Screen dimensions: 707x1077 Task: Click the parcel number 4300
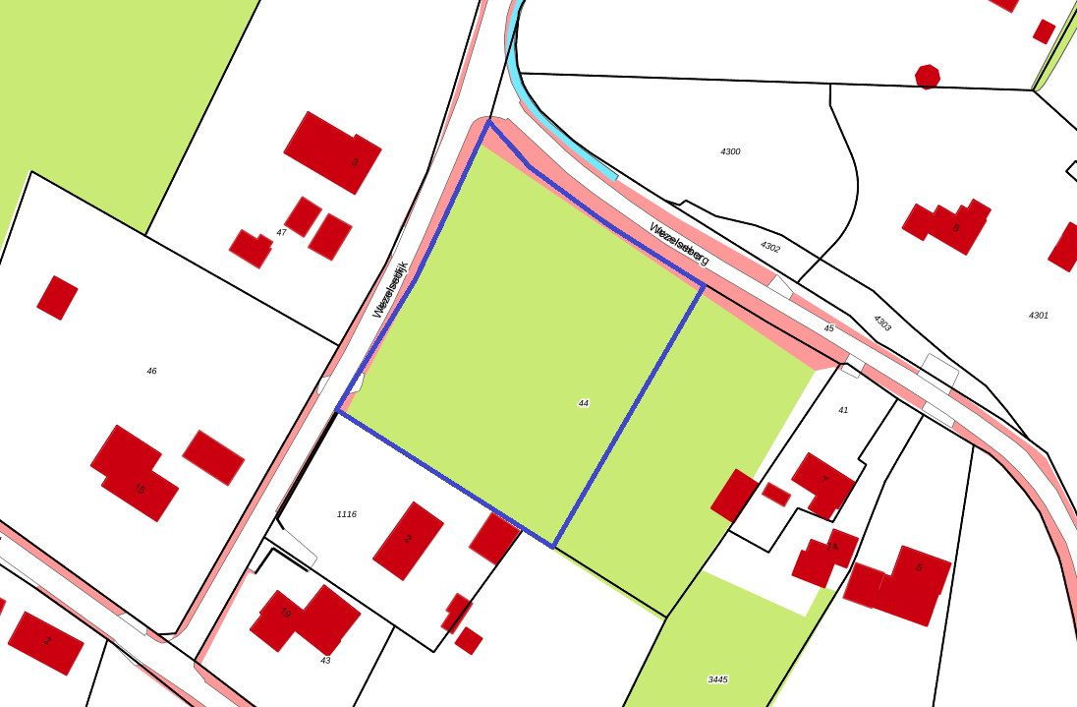[x=730, y=151]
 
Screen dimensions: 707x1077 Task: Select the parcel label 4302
[x=769, y=247]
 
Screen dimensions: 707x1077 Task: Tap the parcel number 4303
[x=881, y=323]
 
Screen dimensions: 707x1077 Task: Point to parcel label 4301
[x=1039, y=316]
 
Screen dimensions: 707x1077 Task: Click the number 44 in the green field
[x=584, y=403]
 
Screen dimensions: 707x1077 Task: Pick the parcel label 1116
[x=347, y=514]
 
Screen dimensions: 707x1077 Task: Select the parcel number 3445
[x=717, y=679]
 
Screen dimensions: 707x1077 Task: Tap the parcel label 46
[x=151, y=371]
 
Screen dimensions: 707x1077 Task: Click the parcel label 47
[x=281, y=232]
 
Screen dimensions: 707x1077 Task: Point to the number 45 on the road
[x=828, y=328]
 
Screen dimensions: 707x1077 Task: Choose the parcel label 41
[x=843, y=410]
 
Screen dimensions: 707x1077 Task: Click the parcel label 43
[x=325, y=661]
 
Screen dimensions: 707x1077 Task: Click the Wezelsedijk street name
[x=390, y=289]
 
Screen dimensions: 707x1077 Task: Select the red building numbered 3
[x=334, y=152]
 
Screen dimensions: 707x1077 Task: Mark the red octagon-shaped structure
[x=928, y=76]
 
